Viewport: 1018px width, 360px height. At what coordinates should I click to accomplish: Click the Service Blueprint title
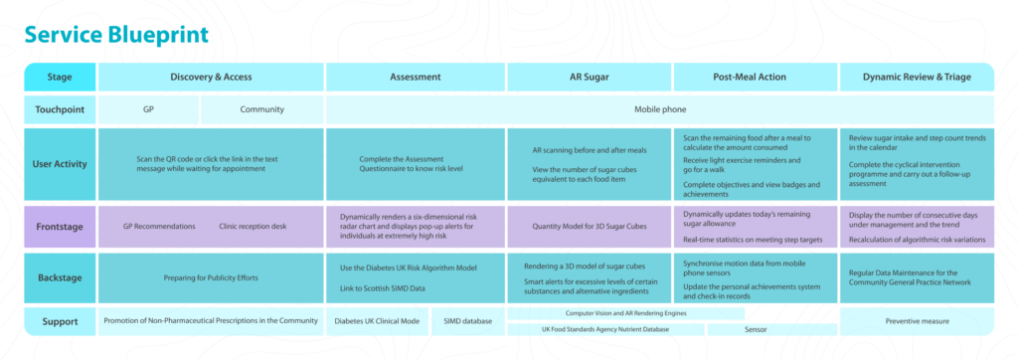click(x=117, y=35)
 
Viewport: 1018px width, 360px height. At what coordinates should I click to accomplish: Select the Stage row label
click(x=60, y=77)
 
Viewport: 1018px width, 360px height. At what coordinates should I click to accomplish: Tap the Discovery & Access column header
click(x=211, y=77)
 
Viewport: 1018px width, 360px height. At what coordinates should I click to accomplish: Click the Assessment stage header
click(x=416, y=77)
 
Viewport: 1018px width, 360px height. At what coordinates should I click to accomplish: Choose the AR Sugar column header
click(x=590, y=77)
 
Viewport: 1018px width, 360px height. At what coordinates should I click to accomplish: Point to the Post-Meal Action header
click(x=756, y=77)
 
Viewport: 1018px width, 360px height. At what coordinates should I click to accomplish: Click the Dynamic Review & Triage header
click(x=917, y=77)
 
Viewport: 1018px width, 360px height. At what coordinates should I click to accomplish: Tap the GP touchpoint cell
click(x=149, y=109)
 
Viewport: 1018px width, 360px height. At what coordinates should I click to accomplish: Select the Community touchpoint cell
click(x=261, y=109)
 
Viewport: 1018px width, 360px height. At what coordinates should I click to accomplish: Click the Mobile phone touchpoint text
click(x=660, y=109)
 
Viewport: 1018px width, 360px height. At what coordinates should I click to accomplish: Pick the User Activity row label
click(x=60, y=164)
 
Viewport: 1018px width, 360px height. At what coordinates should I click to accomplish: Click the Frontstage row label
click(x=60, y=227)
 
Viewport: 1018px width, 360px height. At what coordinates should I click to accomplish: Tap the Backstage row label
click(x=60, y=278)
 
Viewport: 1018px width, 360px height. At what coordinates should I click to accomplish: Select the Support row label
click(x=60, y=321)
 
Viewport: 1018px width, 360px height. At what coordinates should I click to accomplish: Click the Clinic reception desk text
click(x=253, y=227)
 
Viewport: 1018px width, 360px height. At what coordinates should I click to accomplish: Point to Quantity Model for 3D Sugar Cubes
click(x=589, y=227)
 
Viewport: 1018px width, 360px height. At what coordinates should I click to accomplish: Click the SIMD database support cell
click(x=467, y=321)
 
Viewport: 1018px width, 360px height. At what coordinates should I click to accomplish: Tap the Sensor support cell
click(x=756, y=329)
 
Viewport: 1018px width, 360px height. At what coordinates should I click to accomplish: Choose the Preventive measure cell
click(x=917, y=321)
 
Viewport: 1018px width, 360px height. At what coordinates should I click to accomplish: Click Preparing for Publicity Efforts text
click(x=211, y=278)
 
